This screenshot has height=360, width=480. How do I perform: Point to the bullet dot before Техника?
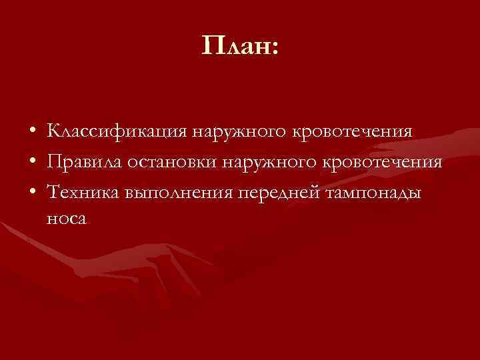[32, 193]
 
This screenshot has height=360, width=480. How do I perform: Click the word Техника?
[83, 193]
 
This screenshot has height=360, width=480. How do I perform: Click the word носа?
[67, 219]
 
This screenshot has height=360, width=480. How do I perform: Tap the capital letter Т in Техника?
[54, 192]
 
